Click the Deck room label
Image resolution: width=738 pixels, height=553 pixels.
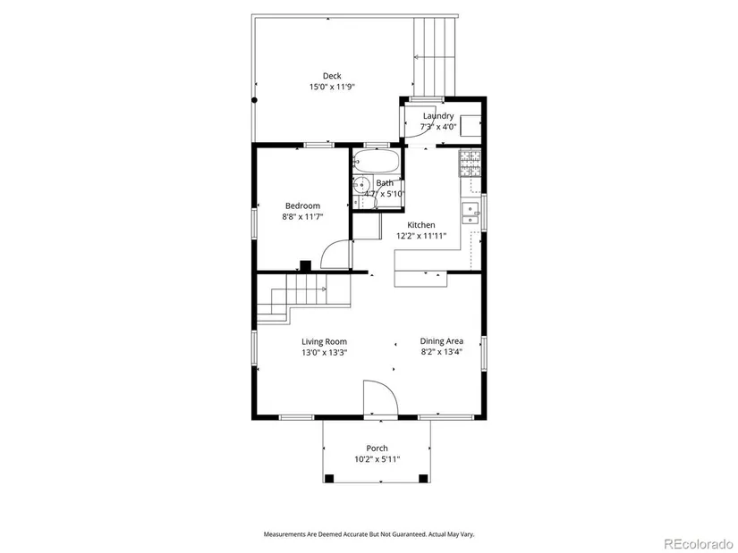[x=332, y=76]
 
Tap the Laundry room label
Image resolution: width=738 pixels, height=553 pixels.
[x=438, y=115]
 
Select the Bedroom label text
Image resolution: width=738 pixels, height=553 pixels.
[x=302, y=205]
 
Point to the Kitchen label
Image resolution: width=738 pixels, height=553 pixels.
[x=420, y=225]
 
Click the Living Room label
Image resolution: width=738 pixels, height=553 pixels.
[x=325, y=342]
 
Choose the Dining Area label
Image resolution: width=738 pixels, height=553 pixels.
[x=442, y=341]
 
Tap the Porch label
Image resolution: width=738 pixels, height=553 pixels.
[x=377, y=448]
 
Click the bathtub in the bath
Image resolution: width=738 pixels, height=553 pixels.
[x=376, y=161]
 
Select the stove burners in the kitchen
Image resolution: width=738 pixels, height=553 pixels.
[x=471, y=163]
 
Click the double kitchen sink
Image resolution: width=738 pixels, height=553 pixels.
[x=471, y=213]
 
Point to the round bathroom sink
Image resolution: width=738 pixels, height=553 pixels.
[x=362, y=183]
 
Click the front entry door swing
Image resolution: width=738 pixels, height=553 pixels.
[x=381, y=398]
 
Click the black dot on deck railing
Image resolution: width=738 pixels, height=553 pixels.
[x=254, y=100]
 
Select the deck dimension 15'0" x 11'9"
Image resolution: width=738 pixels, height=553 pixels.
[x=332, y=87]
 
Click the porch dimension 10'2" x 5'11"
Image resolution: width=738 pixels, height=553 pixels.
[x=377, y=459]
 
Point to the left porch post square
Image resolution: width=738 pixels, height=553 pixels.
[x=329, y=479]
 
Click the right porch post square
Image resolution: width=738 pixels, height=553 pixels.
[x=423, y=479]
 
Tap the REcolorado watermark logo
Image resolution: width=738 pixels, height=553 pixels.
[x=699, y=543]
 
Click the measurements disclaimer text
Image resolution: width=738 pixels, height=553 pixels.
[x=369, y=534]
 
